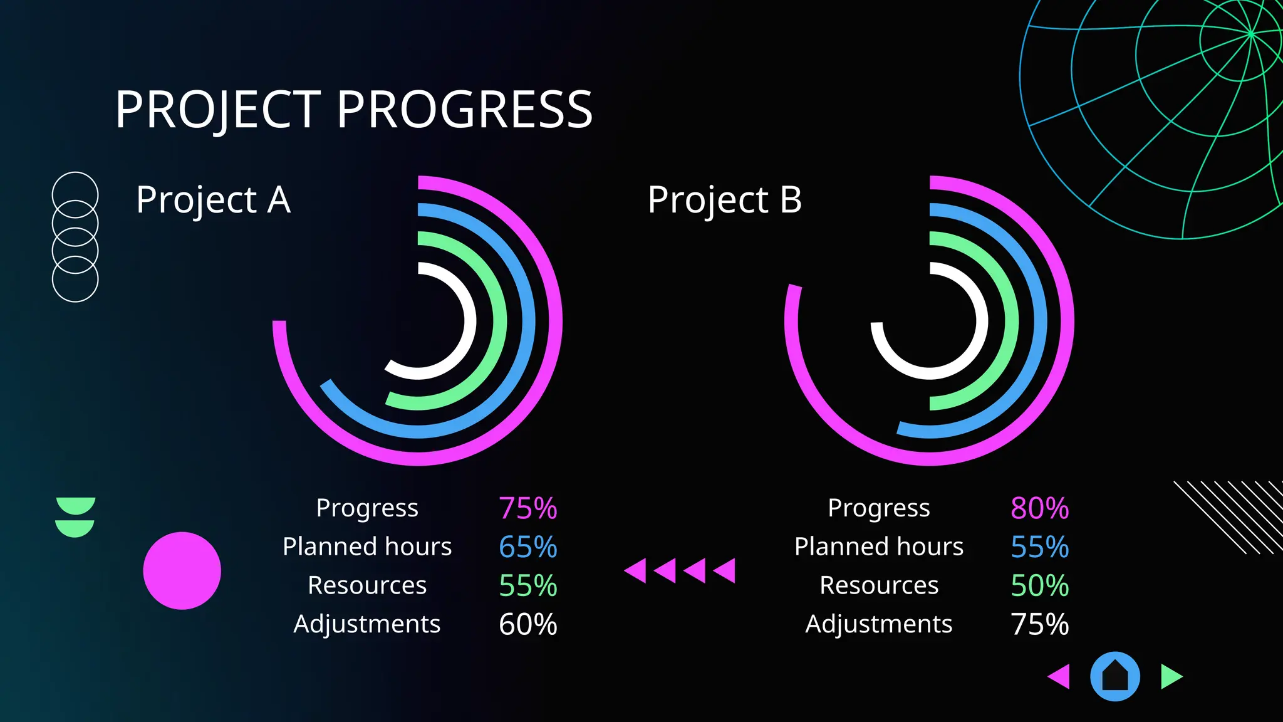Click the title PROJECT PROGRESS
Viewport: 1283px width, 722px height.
tap(354, 110)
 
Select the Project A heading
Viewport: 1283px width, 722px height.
tap(213, 201)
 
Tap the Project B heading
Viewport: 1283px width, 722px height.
tap(725, 201)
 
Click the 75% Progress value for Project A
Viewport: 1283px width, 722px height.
tap(527, 508)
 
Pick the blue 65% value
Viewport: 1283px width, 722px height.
tap(527, 547)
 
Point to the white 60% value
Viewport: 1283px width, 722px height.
tap(527, 624)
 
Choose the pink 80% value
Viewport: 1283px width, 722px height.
tap(1039, 508)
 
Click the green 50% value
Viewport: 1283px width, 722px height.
tap(1039, 586)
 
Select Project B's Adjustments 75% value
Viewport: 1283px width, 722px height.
tap(1039, 624)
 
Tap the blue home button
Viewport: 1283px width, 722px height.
tap(1114, 676)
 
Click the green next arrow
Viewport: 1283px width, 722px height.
tap(1170, 677)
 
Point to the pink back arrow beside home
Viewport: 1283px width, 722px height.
tap(1060, 677)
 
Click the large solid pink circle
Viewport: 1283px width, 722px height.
tap(182, 571)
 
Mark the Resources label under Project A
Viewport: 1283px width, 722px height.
tap(367, 585)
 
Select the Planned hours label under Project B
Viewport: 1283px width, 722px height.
tap(878, 547)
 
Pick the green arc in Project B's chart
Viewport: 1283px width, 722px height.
tap(1011, 321)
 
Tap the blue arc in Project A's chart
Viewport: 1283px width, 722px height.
tap(528, 321)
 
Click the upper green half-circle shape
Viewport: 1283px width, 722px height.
tap(75, 505)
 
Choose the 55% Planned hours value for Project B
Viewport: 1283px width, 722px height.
tap(1039, 547)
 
